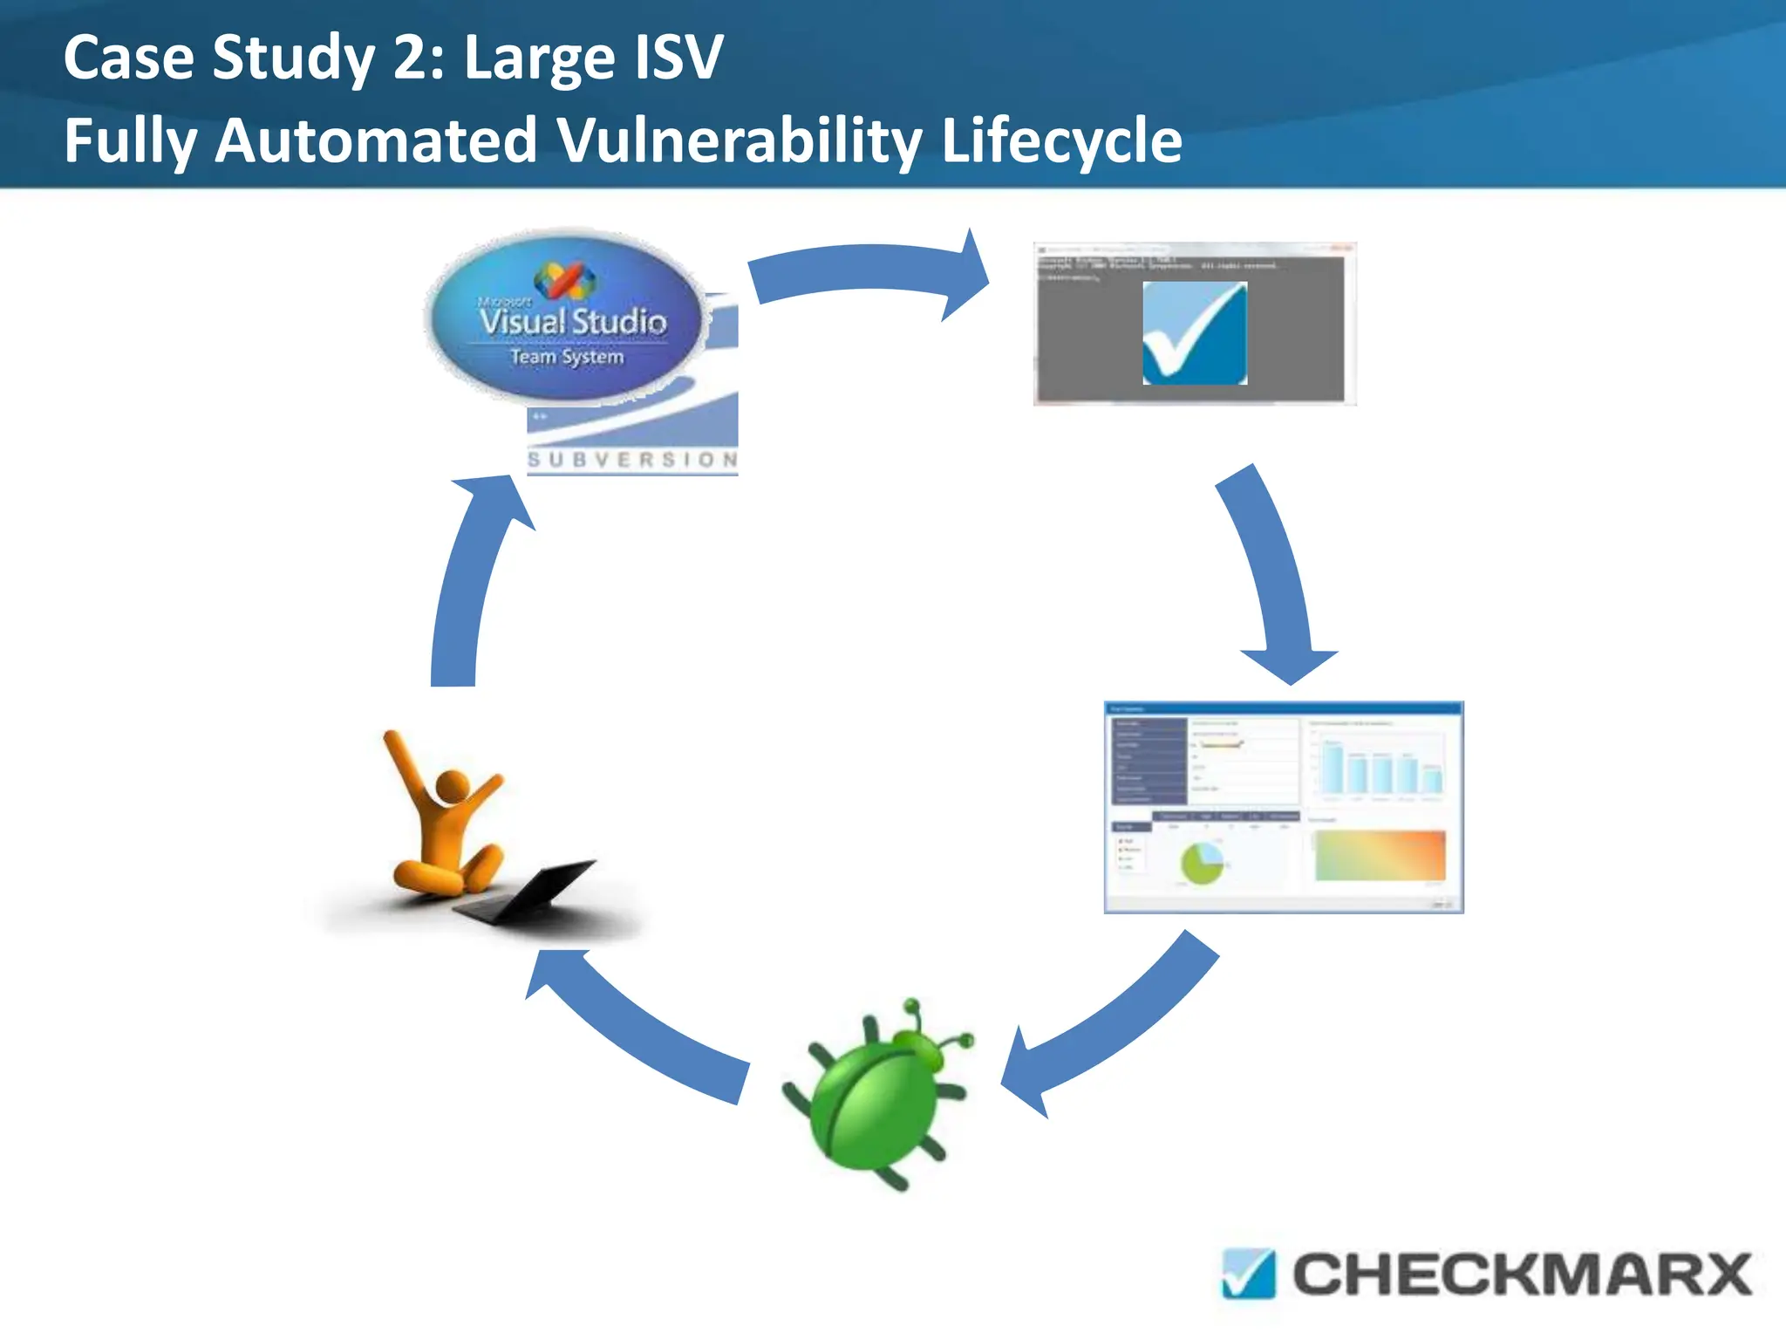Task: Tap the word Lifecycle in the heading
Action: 1061,141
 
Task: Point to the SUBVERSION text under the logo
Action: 633,460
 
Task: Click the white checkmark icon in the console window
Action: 1195,333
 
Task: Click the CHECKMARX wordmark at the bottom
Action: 1522,1275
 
